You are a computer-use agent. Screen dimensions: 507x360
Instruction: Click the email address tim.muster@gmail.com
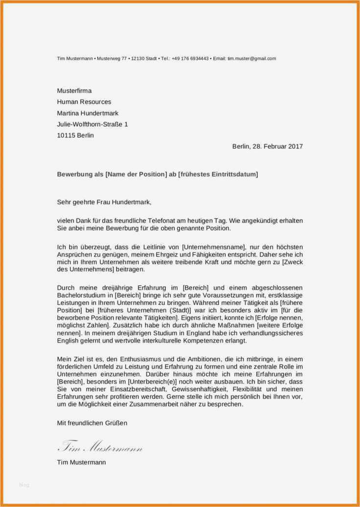point(251,59)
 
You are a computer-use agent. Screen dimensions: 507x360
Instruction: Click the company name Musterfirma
point(74,91)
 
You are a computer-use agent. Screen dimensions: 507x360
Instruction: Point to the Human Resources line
point(84,102)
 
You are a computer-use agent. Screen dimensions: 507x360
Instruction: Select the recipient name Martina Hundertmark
point(88,114)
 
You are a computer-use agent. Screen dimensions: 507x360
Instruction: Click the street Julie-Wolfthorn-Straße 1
point(92,125)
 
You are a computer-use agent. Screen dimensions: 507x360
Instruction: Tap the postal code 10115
point(66,136)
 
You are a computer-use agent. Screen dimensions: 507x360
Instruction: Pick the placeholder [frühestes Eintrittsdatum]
point(218,174)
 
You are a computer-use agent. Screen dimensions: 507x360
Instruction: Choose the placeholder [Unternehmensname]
point(214,248)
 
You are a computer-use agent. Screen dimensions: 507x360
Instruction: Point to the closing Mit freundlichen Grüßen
point(92,423)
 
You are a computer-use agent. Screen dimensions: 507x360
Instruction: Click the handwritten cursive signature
point(100,446)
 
